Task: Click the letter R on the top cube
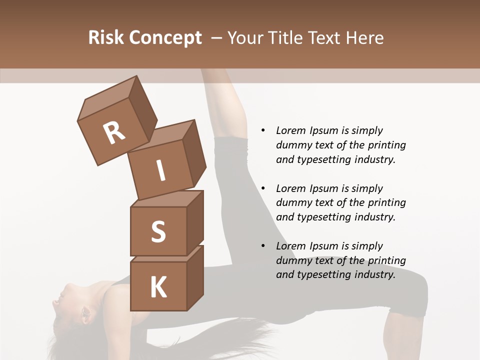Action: [x=114, y=133]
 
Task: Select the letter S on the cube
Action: [x=158, y=232]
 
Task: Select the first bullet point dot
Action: [x=263, y=130]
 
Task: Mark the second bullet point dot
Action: [x=263, y=188]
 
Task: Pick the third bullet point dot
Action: [x=263, y=246]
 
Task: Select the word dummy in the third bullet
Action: [x=291, y=260]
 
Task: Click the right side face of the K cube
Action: [x=195, y=277]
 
